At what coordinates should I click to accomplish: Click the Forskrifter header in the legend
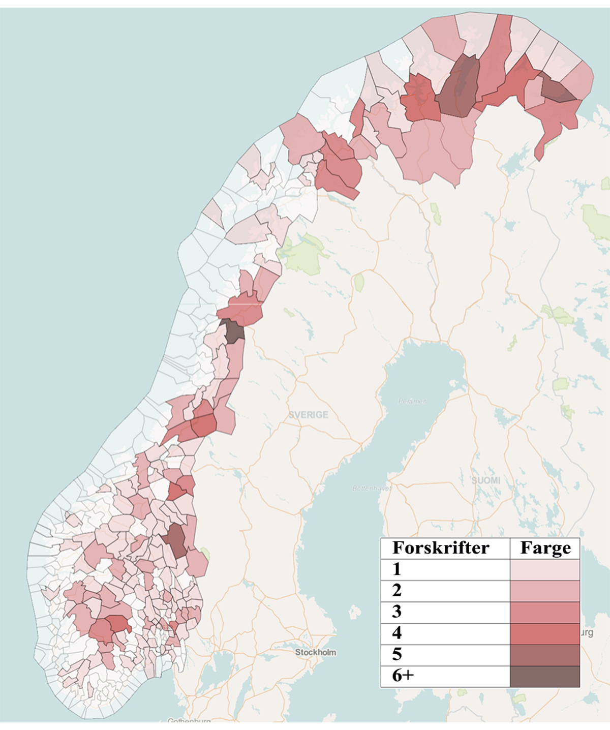tap(440, 548)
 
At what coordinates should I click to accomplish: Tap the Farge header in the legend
tap(545, 548)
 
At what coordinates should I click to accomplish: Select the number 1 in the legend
tap(397, 569)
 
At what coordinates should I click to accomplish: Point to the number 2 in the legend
tap(397, 591)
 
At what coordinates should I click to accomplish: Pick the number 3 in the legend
tap(397, 612)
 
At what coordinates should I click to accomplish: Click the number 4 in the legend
tap(397, 633)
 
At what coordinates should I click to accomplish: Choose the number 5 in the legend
tap(397, 655)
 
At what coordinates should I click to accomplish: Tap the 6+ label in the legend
tap(403, 676)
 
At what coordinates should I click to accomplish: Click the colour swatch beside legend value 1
tap(545, 569)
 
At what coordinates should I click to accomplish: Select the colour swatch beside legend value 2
tap(545, 591)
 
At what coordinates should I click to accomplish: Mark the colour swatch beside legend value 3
tap(545, 612)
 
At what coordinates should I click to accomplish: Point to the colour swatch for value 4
tap(545, 633)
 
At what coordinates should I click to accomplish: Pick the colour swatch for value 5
tap(545, 655)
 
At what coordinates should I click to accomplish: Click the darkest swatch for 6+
tap(545, 676)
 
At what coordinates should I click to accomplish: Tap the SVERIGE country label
tap(308, 415)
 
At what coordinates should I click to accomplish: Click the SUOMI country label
tap(485, 480)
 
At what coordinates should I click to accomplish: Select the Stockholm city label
tap(315, 652)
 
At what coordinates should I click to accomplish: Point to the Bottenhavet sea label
tap(372, 489)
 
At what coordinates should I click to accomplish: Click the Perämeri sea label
tap(412, 401)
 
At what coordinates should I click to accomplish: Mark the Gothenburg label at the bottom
tap(189, 720)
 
